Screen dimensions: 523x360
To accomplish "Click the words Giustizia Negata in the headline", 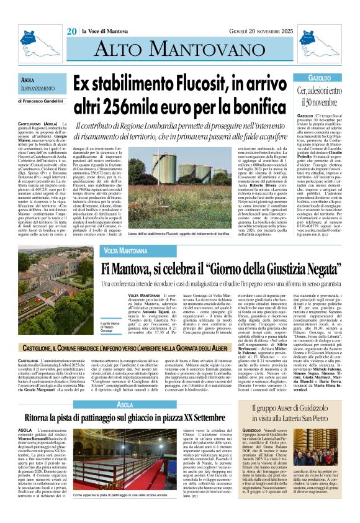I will (x=272, y=251).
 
